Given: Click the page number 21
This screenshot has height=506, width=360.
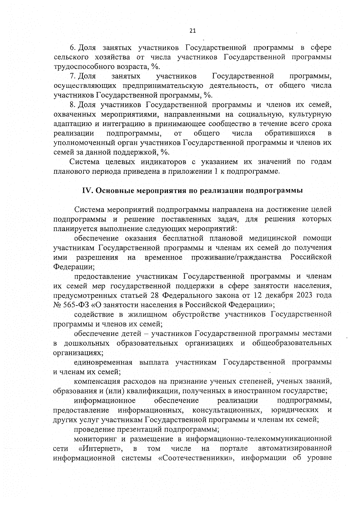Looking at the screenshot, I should tap(193, 30).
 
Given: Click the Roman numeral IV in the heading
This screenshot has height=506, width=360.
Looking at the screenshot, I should tap(87, 191).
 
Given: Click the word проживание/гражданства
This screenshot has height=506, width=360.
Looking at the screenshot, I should tap(236, 257).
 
